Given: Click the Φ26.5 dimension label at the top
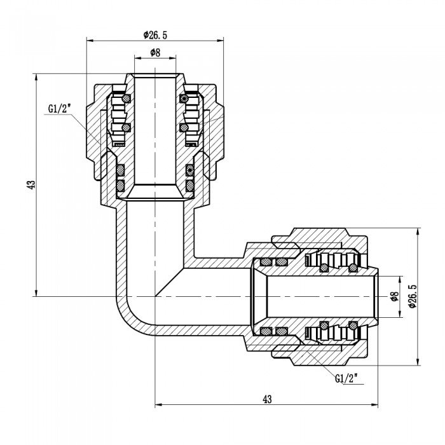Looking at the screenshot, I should pos(155,34).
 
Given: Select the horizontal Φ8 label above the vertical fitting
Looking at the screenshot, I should pos(154,52).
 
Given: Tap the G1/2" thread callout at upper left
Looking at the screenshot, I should pos(58,109).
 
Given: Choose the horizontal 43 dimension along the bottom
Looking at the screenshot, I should pos(266,399).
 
